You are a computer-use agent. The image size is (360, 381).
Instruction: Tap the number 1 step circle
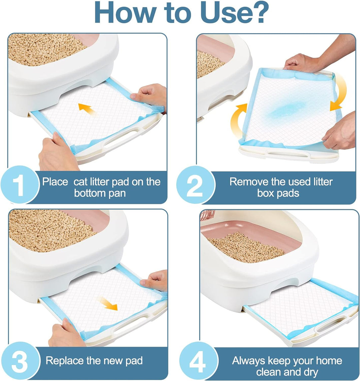[x=20, y=185]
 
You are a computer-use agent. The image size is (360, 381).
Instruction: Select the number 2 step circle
[x=196, y=185]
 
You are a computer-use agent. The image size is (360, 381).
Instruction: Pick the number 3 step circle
[x=20, y=361]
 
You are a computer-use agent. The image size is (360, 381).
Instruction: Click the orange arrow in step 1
[x=87, y=109]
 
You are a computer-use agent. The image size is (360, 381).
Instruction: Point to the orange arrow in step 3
[x=108, y=304]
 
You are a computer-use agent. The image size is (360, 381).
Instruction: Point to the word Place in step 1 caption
[x=55, y=182]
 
